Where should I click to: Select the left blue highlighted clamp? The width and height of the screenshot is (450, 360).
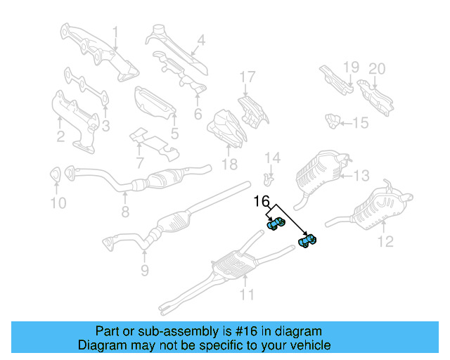click(x=276, y=224)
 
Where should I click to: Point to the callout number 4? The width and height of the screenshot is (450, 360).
click(x=200, y=41)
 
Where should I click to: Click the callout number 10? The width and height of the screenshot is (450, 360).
click(x=58, y=203)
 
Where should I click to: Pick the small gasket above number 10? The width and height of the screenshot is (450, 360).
click(x=55, y=174)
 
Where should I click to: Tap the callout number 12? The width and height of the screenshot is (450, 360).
click(x=385, y=243)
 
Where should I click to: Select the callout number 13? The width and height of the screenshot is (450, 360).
click(x=360, y=175)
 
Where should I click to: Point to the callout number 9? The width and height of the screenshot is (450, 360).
click(x=143, y=269)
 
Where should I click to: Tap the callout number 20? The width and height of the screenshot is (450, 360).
click(x=378, y=68)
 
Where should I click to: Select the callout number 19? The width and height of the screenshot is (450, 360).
click(x=351, y=67)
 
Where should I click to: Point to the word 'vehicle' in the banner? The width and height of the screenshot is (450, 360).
click(x=310, y=345)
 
